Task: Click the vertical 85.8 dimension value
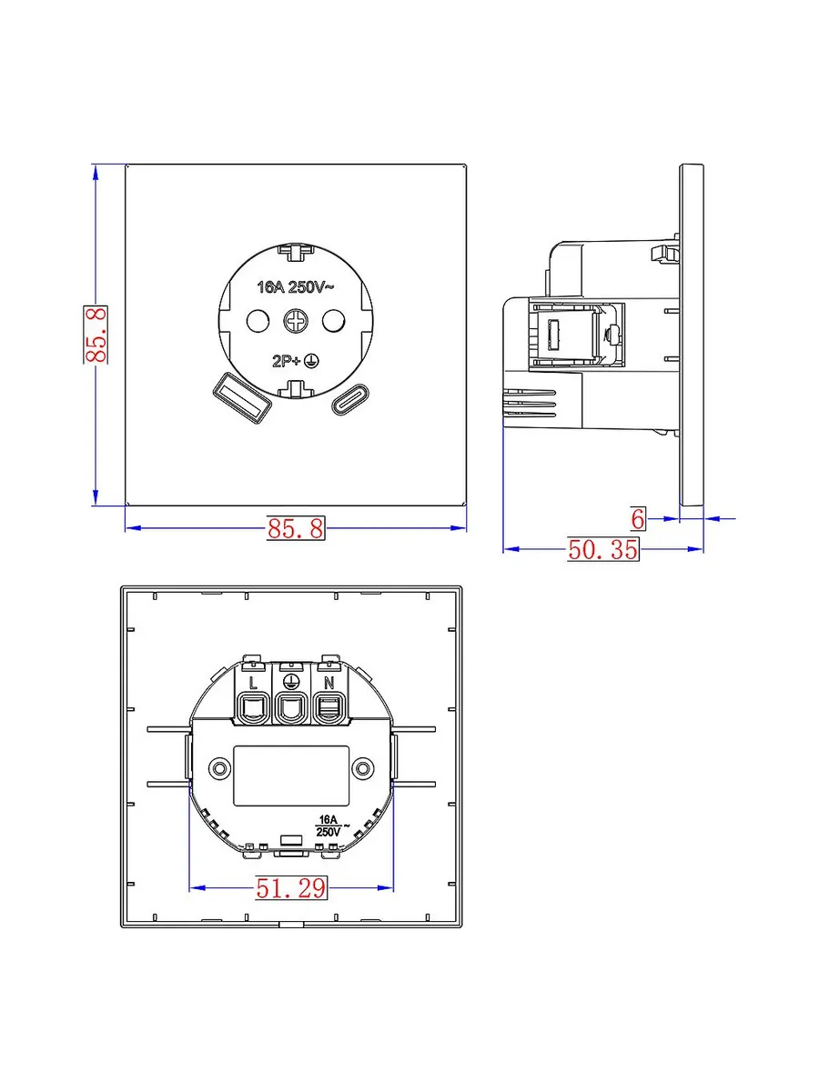coord(96,335)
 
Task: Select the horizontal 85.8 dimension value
coord(296,528)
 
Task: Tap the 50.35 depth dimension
coord(602,549)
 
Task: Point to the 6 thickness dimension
coord(638,519)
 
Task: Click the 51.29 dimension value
coord(291,887)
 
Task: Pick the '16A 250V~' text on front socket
coord(296,286)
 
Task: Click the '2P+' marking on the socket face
coord(287,361)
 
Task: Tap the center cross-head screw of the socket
coord(296,321)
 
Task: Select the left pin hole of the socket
coord(258,321)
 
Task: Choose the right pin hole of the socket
coord(333,321)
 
